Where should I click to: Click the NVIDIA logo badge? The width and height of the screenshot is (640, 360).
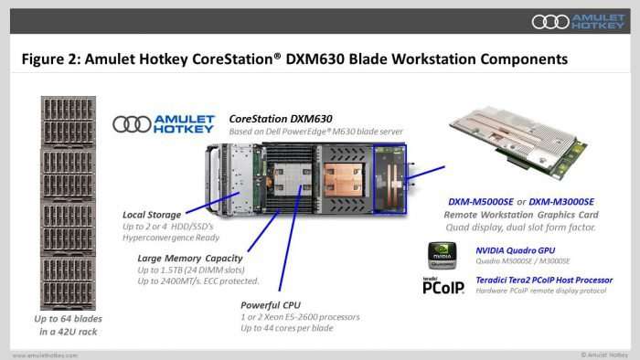(x=442, y=256)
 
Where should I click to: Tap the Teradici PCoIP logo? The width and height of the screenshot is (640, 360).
(x=443, y=286)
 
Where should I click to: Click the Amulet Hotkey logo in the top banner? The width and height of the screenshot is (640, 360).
(x=579, y=22)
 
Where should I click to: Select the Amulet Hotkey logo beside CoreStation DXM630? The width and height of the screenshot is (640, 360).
(x=164, y=124)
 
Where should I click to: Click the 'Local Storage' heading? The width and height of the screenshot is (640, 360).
(x=152, y=215)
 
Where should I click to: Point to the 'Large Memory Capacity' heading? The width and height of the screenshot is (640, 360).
(x=190, y=259)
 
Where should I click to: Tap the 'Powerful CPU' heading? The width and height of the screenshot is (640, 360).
(x=271, y=305)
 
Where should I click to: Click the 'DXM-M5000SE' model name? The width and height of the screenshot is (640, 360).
(x=481, y=202)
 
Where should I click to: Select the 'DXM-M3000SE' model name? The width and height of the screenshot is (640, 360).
(x=561, y=202)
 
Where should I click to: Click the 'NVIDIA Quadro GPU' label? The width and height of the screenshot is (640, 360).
(x=515, y=250)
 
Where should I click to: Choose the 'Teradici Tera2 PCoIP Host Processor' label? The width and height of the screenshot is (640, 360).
(x=544, y=281)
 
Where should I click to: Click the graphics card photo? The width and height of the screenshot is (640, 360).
(x=518, y=142)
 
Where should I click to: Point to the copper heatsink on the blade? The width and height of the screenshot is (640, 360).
(x=343, y=179)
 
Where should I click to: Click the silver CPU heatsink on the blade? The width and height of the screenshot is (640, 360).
(x=292, y=178)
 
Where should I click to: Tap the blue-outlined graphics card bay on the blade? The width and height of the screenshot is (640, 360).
(x=389, y=178)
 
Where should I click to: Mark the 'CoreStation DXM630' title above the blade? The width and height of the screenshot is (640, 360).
(x=281, y=119)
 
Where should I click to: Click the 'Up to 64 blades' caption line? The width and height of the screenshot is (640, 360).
(x=69, y=319)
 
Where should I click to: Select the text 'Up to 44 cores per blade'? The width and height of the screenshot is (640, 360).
(x=287, y=328)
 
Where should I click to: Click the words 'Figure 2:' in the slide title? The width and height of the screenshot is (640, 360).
(x=50, y=59)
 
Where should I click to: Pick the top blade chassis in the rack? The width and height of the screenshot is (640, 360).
(x=69, y=122)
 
